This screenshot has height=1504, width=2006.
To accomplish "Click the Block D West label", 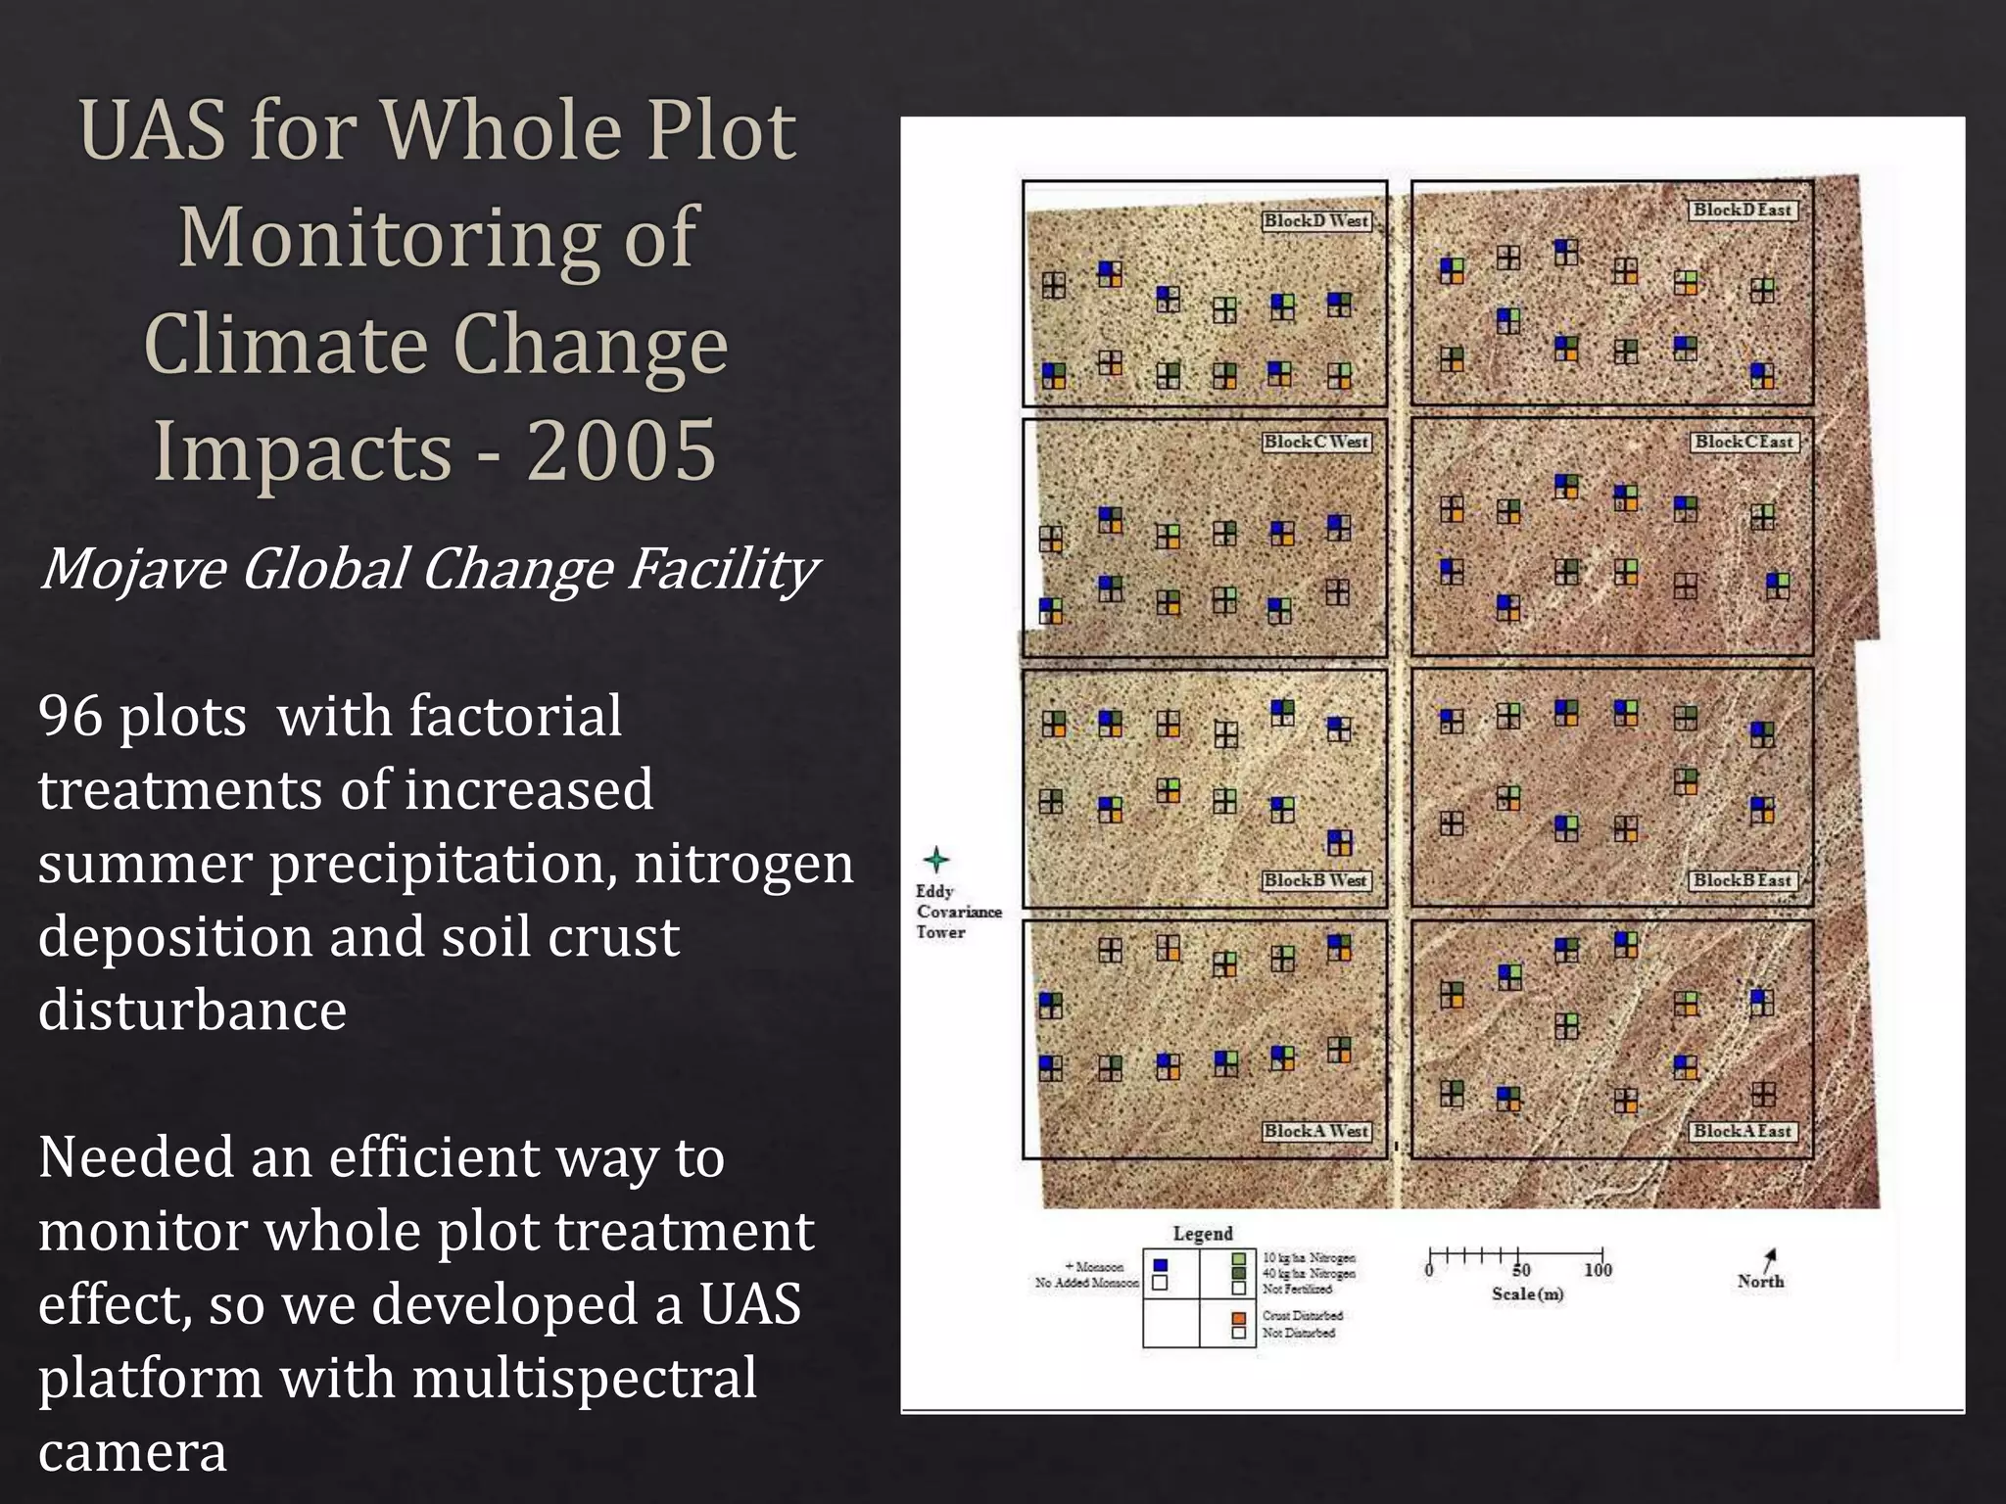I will [x=1316, y=221].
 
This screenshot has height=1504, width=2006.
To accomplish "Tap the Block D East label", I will [x=1743, y=210].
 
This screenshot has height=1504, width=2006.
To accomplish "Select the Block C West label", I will [x=1316, y=443].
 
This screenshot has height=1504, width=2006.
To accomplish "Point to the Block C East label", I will [x=1743, y=443].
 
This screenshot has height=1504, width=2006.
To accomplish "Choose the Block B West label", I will [x=1315, y=880].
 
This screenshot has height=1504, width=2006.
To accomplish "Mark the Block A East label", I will [x=1743, y=1131].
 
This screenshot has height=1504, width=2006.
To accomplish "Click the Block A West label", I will [x=1316, y=1131].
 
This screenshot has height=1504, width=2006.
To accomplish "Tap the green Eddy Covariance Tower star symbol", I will [x=936, y=861].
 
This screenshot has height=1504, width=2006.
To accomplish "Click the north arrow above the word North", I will [x=1769, y=1259].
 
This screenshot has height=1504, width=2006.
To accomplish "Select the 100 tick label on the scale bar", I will [x=1598, y=1270].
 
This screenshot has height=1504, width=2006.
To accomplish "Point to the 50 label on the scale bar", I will [x=1520, y=1270].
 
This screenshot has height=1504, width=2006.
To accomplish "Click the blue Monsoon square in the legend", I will [x=1161, y=1265].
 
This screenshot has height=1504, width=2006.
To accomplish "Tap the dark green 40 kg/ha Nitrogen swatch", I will [x=1239, y=1274].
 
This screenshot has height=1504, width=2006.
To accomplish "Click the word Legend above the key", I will [x=1203, y=1234].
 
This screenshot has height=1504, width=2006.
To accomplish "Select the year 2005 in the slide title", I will [x=621, y=450].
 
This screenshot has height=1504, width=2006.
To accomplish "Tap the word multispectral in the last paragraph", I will [x=584, y=1378].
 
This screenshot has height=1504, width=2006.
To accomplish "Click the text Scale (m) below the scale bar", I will [x=1527, y=1294].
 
